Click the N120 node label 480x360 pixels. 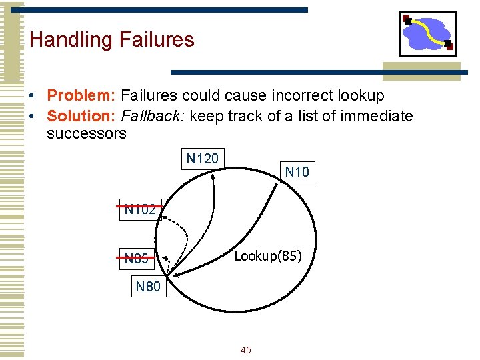(202, 159)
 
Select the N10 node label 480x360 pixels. (297, 172)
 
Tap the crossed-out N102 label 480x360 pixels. (140, 209)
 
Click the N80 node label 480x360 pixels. (148, 287)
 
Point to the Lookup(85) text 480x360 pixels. (267, 256)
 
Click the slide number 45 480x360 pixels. (245, 350)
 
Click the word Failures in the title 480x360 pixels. (157, 40)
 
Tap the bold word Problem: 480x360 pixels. (81, 96)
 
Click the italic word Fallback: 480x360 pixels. (153, 116)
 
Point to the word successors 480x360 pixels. (86, 133)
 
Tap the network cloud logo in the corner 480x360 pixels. (428, 34)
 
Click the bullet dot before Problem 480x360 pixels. (33, 97)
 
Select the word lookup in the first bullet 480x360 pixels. (361, 96)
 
